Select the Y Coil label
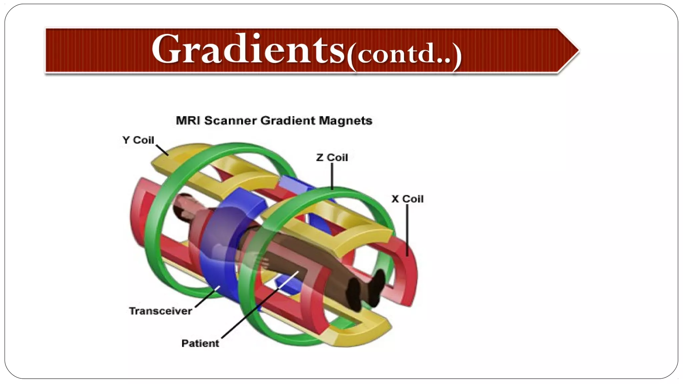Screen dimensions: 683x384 138,140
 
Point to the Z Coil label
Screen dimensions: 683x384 332,157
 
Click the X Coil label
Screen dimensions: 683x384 407,199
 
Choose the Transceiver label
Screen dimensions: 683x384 160,311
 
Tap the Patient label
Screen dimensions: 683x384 200,343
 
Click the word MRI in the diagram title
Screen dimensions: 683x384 188,120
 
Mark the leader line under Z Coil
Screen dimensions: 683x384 332,177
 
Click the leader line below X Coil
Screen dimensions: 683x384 407,230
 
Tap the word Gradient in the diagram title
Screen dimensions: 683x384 287,120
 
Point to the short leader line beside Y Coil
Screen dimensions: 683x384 162,150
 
